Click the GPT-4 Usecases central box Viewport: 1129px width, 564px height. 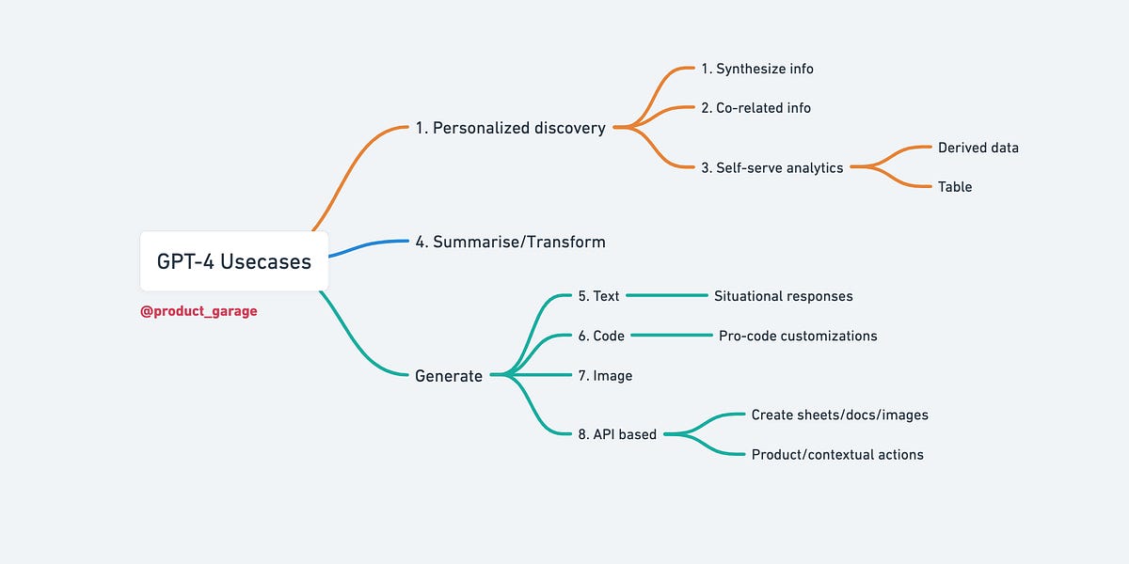233,261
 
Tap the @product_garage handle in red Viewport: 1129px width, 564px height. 199,311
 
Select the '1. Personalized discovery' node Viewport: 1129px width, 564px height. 510,128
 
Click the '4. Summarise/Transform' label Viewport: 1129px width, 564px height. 510,242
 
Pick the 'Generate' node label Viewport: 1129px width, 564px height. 449,376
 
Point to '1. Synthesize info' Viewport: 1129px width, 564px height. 757,69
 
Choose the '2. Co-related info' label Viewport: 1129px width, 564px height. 755,108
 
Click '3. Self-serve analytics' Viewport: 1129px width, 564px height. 772,167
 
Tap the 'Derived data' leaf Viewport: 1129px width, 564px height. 978,148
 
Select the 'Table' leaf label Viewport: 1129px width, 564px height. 955,187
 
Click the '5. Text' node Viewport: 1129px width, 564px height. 598,296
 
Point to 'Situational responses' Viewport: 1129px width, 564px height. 783,296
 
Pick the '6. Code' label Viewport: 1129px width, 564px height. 601,336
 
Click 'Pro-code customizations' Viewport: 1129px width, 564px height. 798,336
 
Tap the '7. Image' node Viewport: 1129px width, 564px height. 605,376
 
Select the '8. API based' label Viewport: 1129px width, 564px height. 617,434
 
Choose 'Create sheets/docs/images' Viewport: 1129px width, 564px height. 839,415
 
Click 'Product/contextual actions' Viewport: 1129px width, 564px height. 837,455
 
